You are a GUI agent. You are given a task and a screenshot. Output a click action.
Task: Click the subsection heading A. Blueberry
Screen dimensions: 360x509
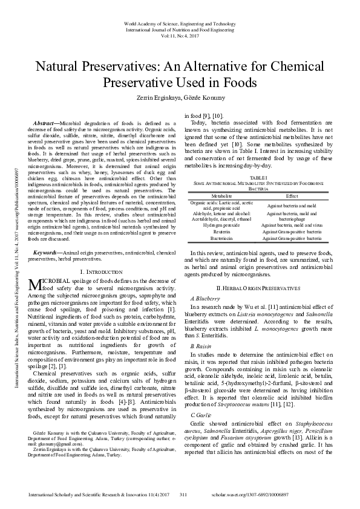coord(205,299)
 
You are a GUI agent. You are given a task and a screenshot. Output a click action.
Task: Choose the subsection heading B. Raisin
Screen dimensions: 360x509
coord(201,345)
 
